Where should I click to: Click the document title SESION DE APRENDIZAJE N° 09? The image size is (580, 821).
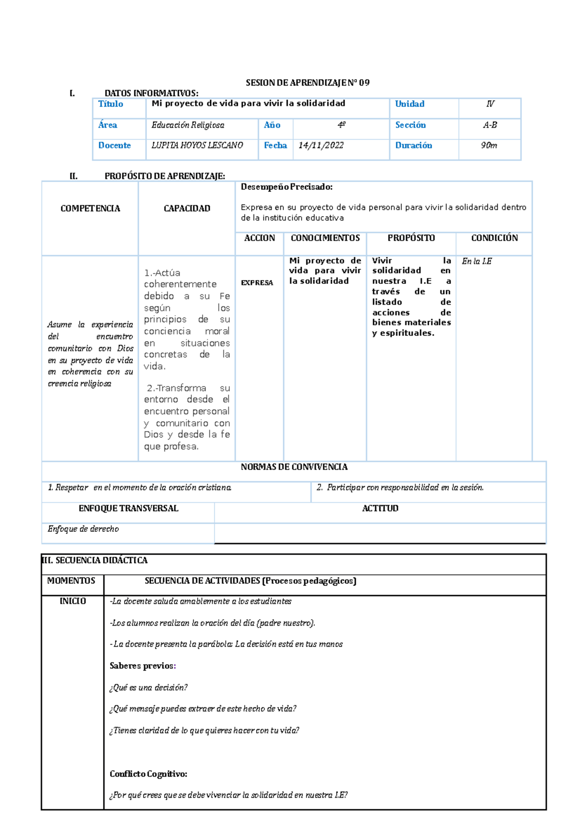tap(307, 83)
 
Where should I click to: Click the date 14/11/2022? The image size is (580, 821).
tap(321, 146)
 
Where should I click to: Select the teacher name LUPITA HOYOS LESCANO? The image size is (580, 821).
tap(197, 146)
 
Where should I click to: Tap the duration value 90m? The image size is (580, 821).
tap(489, 146)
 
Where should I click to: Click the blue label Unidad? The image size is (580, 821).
tap(409, 104)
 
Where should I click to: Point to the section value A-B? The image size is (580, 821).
tap(490, 125)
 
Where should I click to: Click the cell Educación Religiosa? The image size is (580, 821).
tap(188, 125)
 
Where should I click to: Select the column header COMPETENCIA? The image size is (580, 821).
tap(90, 208)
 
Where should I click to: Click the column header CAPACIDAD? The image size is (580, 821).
tap(187, 208)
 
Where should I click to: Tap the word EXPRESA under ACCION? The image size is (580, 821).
tap(257, 283)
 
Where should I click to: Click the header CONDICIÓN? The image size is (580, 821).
tap(494, 238)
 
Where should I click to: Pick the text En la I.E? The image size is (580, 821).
tap(477, 262)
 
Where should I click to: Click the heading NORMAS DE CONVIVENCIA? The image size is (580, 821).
tap(294, 467)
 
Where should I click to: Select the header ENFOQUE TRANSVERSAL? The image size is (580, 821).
tap(129, 509)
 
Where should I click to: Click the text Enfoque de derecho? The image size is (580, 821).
tap(83, 529)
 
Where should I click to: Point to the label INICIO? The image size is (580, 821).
tap(72, 601)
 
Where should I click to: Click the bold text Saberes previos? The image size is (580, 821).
tap(143, 666)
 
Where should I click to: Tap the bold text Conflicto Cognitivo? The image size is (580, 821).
tap(148, 774)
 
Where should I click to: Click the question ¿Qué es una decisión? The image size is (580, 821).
tap(148, 688)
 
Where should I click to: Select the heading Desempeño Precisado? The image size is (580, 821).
tap(287, 187)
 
